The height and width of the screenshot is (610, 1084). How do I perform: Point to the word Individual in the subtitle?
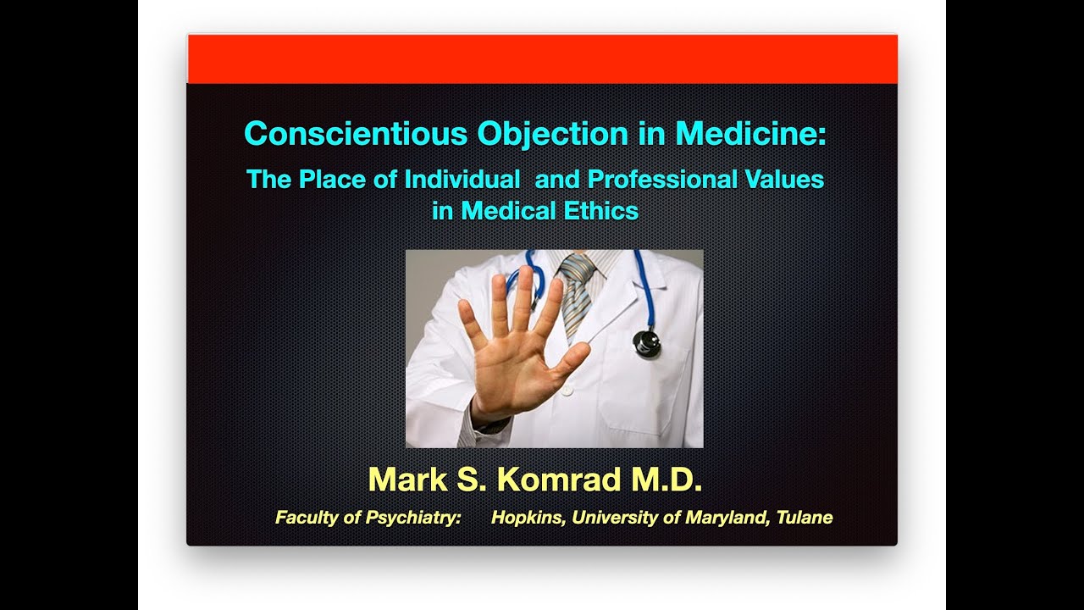point(462,180)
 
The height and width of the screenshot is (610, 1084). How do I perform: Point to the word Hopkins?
point(528,518)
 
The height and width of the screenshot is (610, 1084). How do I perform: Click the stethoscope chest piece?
point(646,341)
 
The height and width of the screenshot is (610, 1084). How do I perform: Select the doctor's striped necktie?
point(577,292)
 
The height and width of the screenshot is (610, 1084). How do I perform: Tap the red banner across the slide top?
point(542,59)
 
